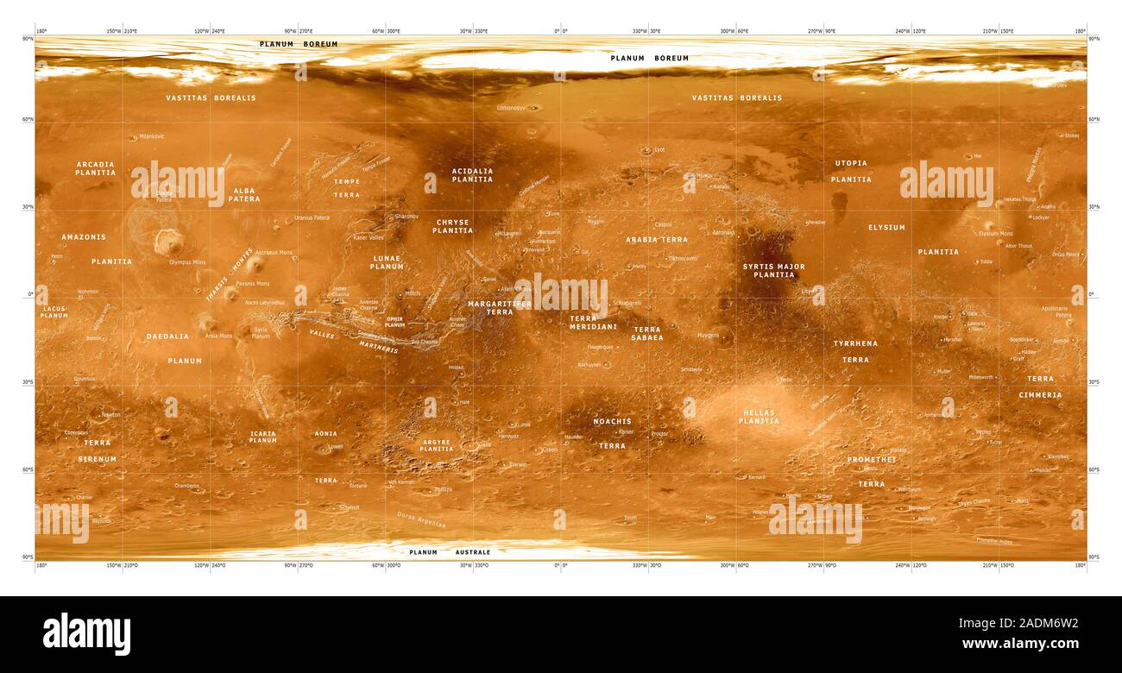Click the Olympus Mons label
pos(187,261)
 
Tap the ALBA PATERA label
pos(244,195)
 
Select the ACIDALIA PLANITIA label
pos(472,175)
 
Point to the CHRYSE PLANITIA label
pos(452,226)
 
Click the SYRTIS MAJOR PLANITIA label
pos(773,271)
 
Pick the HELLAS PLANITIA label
pos(759,417)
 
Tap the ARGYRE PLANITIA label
pos(436,445)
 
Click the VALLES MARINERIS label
pos(354,342)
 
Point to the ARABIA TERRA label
pos(657,239)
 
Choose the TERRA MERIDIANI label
pos(594,323)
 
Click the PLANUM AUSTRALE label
pos(450,552)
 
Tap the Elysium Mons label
pos(995,234)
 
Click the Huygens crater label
pos(708,335)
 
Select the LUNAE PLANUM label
pos(387,262)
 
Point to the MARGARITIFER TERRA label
pos(500,308)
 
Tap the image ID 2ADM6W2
pos(1023,623)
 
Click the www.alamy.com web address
pos(1020,644)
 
